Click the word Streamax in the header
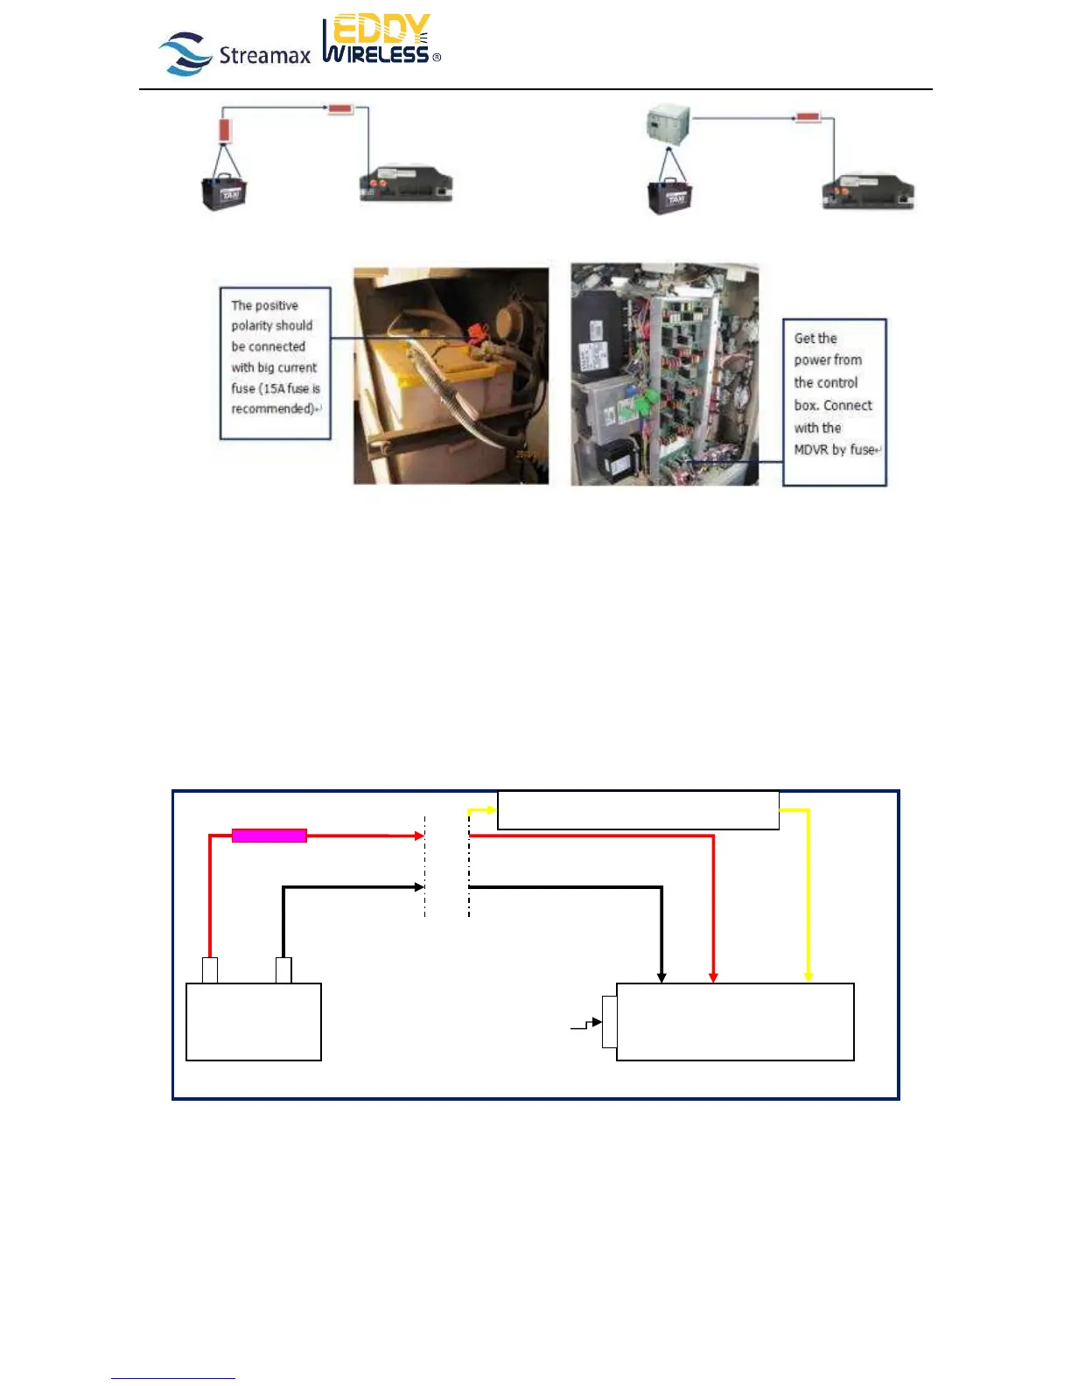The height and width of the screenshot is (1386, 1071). (x=264, y=56)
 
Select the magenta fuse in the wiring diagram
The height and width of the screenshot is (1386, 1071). (x=269, y=836)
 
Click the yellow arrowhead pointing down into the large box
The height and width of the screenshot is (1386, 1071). (x=808, y=976)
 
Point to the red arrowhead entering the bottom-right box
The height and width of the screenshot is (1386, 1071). (x=713, y=976)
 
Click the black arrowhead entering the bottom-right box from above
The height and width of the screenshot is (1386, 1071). (x=661, y=976)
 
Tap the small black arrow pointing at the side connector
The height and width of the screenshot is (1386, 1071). (x=596, y=1022)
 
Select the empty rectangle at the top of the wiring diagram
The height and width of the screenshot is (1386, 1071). (x=638, y=810)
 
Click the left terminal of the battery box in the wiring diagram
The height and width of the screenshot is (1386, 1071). (x=210, y=970)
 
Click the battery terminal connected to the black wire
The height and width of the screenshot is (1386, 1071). (x=283, y=970)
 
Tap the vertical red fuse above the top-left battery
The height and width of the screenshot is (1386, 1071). (x=224, y=130)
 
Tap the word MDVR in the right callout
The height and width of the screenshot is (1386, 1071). (x=811, y=450)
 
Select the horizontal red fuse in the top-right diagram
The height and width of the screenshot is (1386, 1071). (x=808, y=116)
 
